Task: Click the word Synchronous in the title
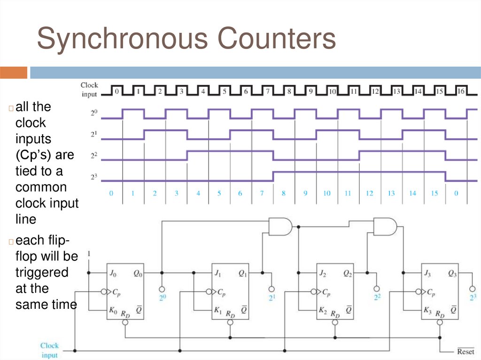pos(123,39)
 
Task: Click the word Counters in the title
pos(275,39)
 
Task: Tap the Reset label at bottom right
pos(465,351)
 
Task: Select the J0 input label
pos(113,273)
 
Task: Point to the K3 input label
pos(428,310)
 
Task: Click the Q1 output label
pos(243,273)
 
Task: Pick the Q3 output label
pos(452,273)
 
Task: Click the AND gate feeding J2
pos(280,226)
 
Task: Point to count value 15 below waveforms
pos(434,193)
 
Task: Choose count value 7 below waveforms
pos(262,193)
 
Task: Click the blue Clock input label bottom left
pos(49,350)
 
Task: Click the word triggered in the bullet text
pos(42,272)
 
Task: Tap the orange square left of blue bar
pos(14,72)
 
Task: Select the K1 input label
pos(218,310)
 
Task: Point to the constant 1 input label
pos(89,254)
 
